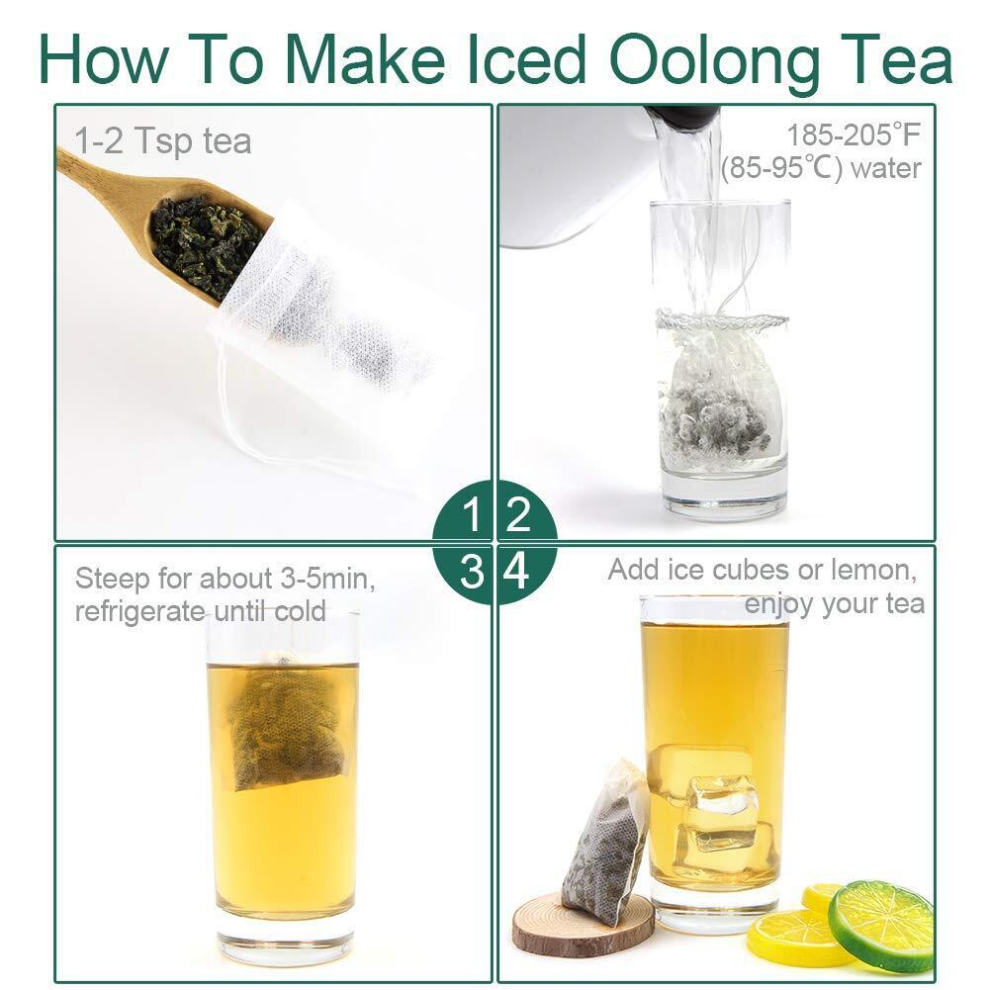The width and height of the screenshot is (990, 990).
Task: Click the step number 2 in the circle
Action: (x=517, y=514)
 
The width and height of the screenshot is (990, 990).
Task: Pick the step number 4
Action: (x=517, y=572)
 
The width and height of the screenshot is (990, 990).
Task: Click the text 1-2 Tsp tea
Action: (x=163, y=140)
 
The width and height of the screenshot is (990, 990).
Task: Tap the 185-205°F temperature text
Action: (x=854, y=135)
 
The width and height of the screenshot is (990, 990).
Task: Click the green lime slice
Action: (x=881, y=927)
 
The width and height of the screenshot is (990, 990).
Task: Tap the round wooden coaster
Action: (x=583, y=923)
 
